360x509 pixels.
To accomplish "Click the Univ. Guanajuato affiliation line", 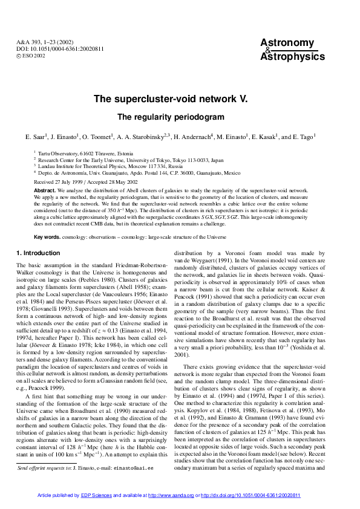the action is coord(139,172).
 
